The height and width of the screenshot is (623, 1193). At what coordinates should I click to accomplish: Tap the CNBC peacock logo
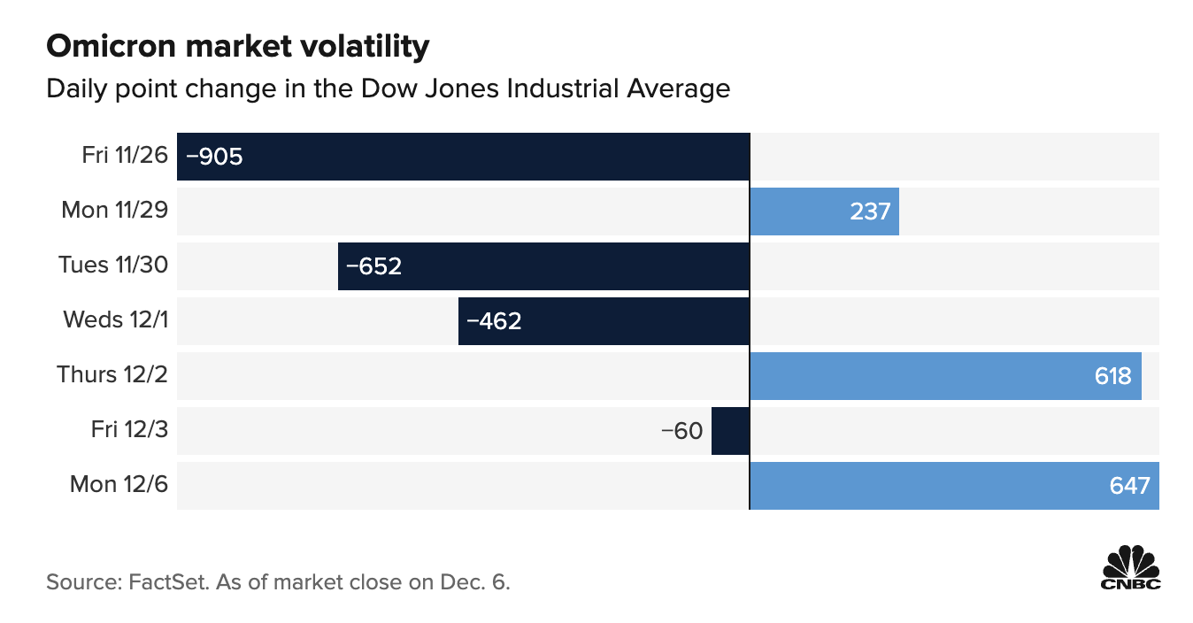1130,568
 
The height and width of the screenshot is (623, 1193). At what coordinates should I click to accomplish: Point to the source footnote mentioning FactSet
279,582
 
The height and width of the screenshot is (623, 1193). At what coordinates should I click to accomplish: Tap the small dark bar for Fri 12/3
730,431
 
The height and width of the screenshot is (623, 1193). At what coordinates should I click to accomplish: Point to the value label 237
870,212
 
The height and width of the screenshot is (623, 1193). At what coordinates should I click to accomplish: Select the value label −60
681,431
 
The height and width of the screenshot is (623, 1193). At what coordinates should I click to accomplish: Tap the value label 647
1129,486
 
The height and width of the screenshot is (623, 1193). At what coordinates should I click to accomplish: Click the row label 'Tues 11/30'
113,265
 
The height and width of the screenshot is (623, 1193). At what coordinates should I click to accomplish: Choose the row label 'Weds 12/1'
115,320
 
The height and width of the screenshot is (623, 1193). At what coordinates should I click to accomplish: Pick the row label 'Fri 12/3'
129,430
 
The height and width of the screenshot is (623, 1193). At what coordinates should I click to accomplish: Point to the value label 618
1112,376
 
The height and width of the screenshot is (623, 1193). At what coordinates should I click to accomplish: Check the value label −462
494,321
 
